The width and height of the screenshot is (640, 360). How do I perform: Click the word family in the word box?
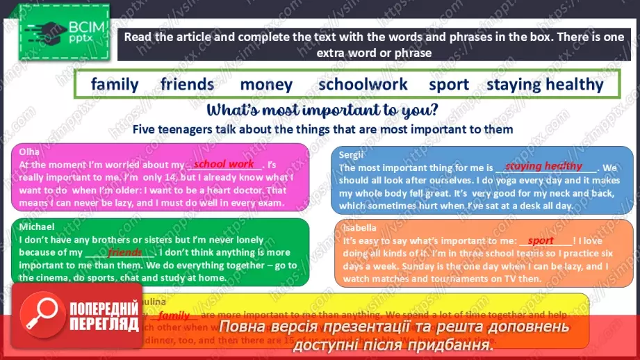click(x=115, y=85)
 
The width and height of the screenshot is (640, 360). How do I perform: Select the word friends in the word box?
click(x=187, y=85)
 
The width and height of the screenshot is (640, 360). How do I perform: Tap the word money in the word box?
click(x=266, y=85)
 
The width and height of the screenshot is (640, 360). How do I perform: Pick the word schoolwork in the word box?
click(x=363, y=85)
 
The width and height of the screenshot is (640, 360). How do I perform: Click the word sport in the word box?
click(x=449, y=85)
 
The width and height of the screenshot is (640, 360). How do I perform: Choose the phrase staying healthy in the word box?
click(x=545, y=85)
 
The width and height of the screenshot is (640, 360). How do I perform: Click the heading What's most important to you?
click(x=322, y=110)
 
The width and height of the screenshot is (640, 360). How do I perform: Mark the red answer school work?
click(x=224, y=164)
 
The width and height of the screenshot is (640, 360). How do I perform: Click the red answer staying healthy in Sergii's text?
click(x=543, y=166)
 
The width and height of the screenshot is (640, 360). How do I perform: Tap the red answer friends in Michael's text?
click(x=125, y=252)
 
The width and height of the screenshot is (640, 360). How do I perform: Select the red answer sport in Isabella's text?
click(x=541, y=240)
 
